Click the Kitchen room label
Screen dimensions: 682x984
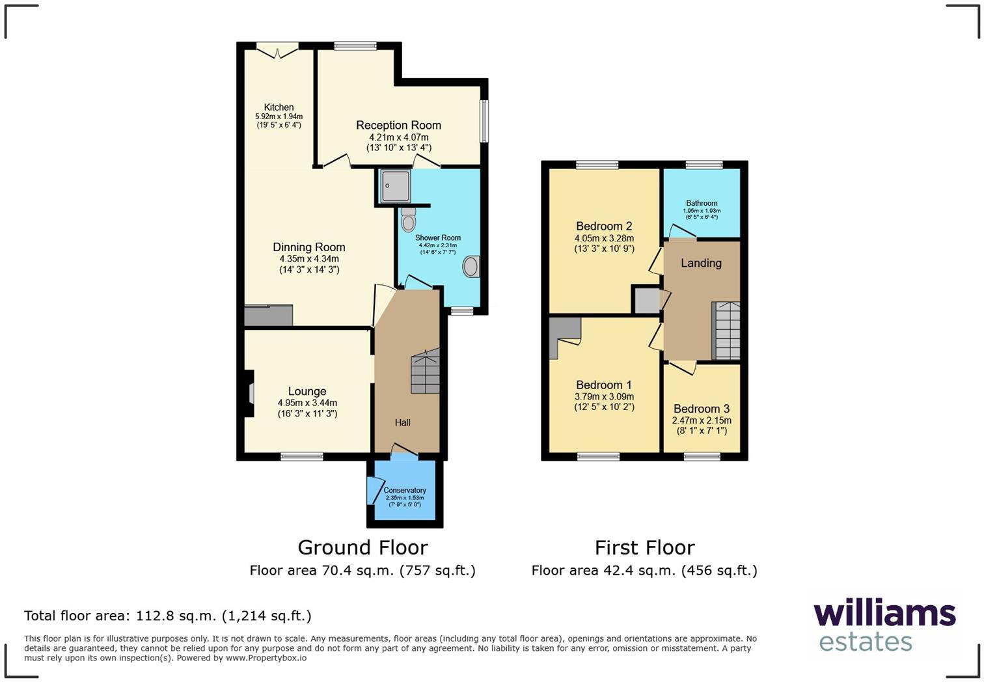pos(279,107)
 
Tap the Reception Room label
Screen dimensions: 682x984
pos(398,125)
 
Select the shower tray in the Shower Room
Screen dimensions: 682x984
pos(396,185)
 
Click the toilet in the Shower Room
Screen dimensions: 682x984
pos(409,221)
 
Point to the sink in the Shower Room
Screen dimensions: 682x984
pos(471,266)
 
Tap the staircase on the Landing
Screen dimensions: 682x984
pos(726,331)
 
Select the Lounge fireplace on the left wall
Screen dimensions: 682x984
pos(249,393)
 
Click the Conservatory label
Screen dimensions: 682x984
pos(405,490)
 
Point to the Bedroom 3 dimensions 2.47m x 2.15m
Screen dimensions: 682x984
pos(702,420)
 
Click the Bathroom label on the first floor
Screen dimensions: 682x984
pos(702,203)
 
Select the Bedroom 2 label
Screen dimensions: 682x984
pos(604,226)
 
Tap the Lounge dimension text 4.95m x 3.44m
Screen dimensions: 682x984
pos(307,403)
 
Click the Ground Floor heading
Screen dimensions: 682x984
pos(362,547)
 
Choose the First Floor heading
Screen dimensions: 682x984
pos(644,547)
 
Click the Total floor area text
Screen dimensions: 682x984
pos(168,616)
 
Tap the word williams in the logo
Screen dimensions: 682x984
pos(884,614)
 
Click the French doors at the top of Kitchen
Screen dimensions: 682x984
pos(277,50)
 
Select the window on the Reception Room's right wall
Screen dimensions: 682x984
pos(484,120)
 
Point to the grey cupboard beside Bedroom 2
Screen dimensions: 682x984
pos(646,301)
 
